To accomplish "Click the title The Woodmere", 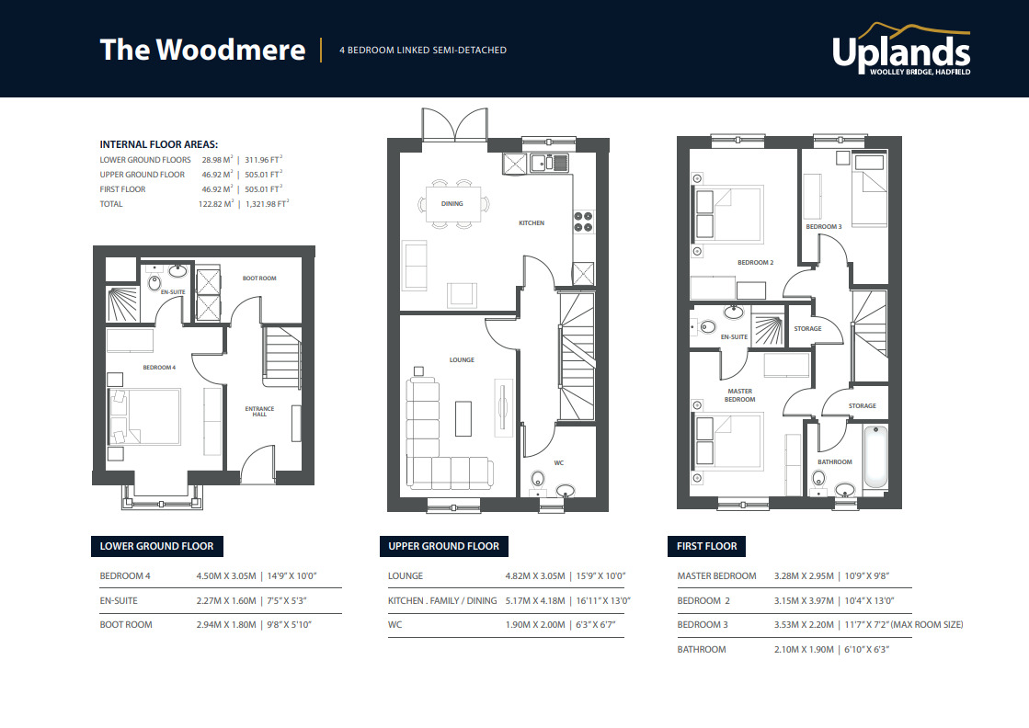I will coord(202,50).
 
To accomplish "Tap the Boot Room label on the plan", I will coord(259,278).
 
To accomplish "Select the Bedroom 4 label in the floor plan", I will coord(158,368).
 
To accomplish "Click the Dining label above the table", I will coord(452,203).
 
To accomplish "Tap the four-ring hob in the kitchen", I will coord(583,222).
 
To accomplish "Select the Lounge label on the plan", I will coord(462,359).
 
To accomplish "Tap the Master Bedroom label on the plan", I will coord(739,395).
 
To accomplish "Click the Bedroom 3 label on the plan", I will coord(823,226).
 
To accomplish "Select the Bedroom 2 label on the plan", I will coord(755,262).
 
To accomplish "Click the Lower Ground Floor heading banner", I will coord(156,546).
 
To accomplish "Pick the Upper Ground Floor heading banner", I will coord(443,546).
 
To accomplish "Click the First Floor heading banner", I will coord(706,546).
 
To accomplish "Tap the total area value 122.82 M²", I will coord(217,203).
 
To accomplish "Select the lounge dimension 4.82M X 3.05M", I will coord(536,576).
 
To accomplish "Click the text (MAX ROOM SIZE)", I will coord(927,625).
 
